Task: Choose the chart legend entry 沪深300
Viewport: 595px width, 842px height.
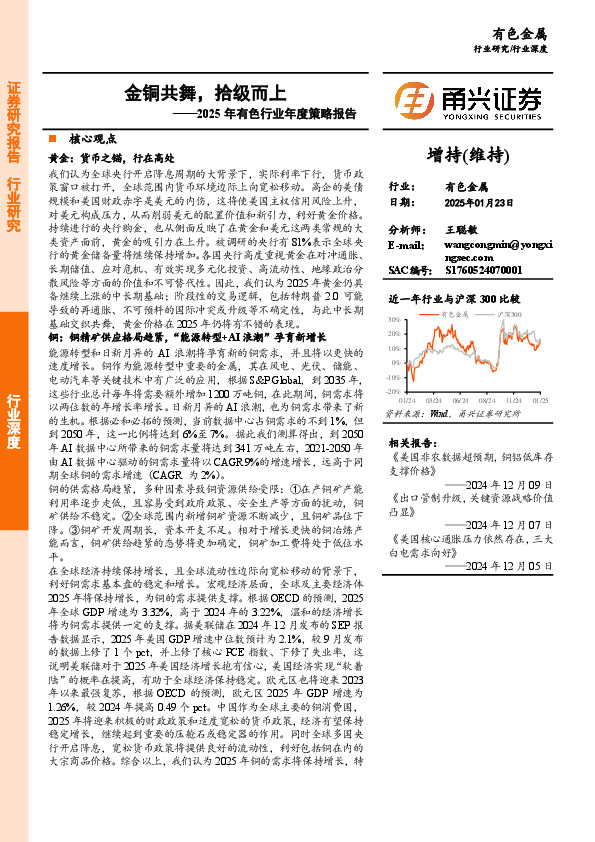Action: point(512,313)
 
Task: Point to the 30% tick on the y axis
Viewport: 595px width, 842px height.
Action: point(396,321)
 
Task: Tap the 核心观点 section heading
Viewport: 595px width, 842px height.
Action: point(93,140)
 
